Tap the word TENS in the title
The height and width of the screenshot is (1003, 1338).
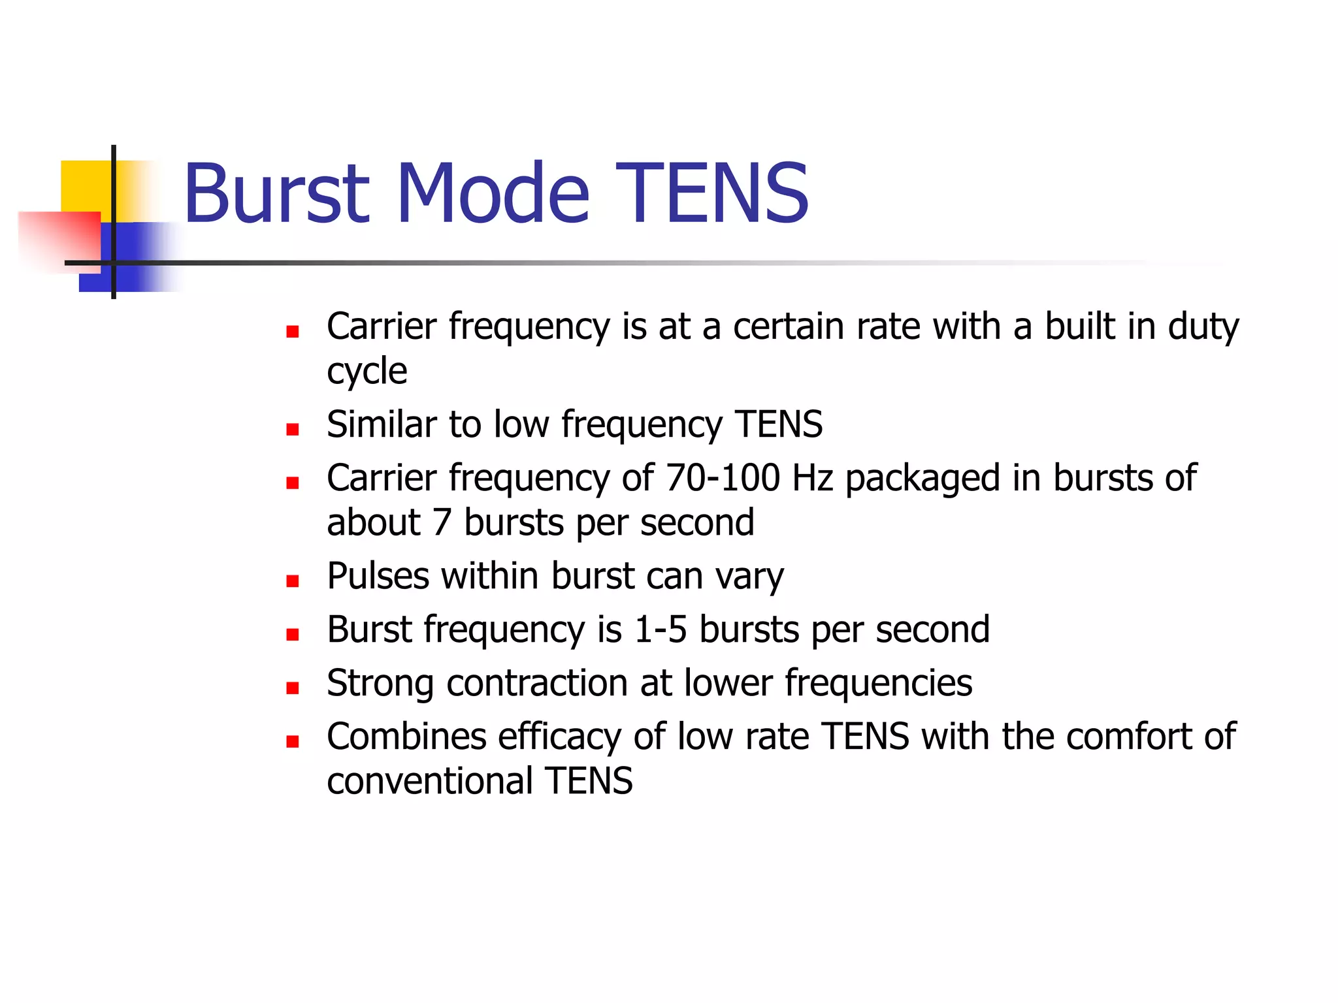[x=712, y=194]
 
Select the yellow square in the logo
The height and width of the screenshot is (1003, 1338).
[x=85, y=186]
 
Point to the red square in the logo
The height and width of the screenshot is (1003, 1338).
[x=62, y=238]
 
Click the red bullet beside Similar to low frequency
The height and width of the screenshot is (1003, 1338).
[x=293, y=430]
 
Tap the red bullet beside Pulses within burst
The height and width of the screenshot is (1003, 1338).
[x=293, y=581]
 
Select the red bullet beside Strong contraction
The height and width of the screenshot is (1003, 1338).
[x=293, y=688]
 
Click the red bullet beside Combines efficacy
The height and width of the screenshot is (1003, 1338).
[x=293, y=741]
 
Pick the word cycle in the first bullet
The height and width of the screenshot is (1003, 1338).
[x=367, y=372]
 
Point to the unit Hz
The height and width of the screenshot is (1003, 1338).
[x=812, y=477]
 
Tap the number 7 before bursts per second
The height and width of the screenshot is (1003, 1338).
[x=442, y=522]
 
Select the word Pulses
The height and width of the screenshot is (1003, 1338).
[x=378, y=576]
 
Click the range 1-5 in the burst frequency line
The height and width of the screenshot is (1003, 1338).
[x=661, y=629]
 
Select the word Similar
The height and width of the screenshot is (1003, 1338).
[x=382, y=424]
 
